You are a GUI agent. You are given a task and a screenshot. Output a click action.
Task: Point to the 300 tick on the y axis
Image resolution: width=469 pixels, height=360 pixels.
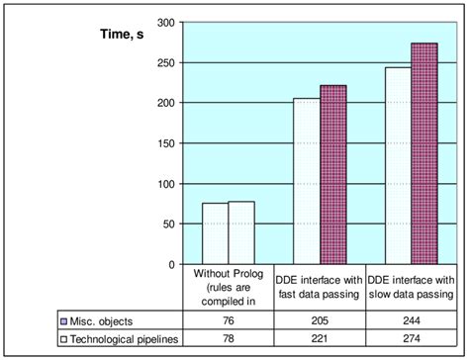166,22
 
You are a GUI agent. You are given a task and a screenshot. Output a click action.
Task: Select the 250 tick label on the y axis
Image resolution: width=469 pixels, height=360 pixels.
166,62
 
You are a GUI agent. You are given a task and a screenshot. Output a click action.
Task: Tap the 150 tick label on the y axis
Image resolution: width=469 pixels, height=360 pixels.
166,143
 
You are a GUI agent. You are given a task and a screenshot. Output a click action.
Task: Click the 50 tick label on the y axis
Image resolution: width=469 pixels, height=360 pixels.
169,225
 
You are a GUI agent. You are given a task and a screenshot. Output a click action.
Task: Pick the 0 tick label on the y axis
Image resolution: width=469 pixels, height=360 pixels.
172,265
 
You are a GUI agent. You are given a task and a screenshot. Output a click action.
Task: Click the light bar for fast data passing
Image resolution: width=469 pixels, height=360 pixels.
307,182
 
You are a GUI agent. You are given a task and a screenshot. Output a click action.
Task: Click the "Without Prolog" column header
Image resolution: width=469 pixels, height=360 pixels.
229,287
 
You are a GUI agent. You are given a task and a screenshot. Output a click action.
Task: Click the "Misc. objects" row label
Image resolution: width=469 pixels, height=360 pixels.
103,321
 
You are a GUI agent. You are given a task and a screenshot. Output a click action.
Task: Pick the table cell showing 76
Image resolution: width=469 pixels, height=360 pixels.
229,321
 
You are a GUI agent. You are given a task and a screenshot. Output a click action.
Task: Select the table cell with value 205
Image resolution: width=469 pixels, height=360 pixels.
320,321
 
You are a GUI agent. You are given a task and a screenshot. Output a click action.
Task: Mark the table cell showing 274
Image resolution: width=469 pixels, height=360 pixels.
410,339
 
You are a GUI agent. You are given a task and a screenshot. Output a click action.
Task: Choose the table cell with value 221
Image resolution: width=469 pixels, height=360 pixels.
320,339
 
